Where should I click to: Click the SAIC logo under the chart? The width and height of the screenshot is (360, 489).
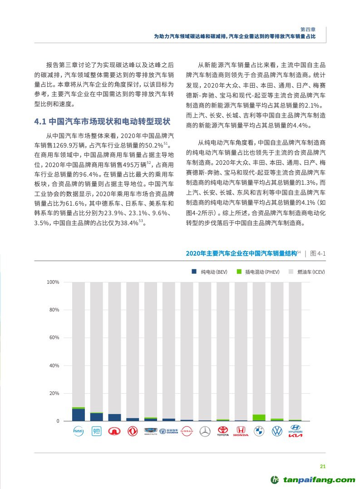coord(79,431)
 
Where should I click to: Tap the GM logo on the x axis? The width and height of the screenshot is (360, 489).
coord(96,431)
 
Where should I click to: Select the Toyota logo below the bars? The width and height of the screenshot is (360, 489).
coord(222,431)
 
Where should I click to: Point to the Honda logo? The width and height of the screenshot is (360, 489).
coord(241,431)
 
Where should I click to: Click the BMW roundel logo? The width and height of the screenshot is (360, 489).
coord(259,431)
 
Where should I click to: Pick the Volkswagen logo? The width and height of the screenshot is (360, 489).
coord(277,431)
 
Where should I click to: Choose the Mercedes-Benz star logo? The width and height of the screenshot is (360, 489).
coord(205,431)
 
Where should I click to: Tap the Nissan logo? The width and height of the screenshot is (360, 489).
coord(187,431)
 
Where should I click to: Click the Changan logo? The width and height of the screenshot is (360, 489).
coord(168,431)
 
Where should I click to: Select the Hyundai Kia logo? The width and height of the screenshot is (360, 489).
coord(295,431)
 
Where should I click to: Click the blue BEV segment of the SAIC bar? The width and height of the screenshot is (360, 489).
coord(79,415)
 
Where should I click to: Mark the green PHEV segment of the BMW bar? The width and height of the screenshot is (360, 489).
coord(259,417)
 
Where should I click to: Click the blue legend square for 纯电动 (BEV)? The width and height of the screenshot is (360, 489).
coord(193,272)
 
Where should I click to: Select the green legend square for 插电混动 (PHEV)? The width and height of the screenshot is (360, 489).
coord(239,272)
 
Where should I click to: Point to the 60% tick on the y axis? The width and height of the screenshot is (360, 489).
coord(54,338)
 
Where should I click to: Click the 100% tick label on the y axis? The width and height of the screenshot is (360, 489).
coord(53,282)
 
